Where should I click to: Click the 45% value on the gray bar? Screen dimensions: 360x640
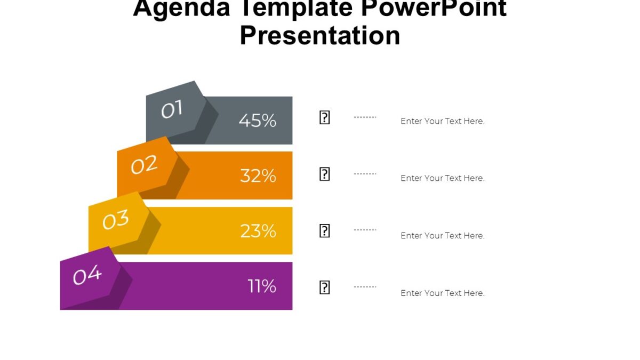tap(258, 121)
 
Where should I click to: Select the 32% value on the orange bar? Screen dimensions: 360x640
tap(258, 175)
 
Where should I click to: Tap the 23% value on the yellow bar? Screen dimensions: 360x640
tap(258, 231)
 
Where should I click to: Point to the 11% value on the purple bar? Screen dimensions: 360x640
tap(262, 286)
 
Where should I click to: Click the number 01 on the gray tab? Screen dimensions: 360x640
tap(172, 110)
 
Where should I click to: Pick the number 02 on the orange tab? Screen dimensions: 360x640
tap(144, 165)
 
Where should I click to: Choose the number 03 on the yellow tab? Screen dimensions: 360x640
tap(116, 220)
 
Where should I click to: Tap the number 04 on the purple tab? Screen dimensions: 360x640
tap(87, 276)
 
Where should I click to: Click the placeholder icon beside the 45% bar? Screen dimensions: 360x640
tap(324, 118)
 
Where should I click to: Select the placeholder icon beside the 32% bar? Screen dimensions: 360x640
tap(324, 174)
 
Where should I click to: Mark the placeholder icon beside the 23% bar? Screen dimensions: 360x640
tap(324, 231)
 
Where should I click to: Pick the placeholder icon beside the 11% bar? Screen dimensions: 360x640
tap(324, 287)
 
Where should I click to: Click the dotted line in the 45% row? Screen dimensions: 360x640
tap(365, 117)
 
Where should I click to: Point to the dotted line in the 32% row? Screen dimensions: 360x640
tap(365, 173)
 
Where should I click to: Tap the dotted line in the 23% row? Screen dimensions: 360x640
tap(365, 230)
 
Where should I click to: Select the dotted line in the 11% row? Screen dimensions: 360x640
tap(365, 286)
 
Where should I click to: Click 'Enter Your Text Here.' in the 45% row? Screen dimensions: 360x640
tap(442, 121)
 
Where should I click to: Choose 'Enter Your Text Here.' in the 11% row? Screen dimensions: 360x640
tap(442, 293)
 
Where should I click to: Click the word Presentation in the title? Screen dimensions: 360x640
tap(320, 36)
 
